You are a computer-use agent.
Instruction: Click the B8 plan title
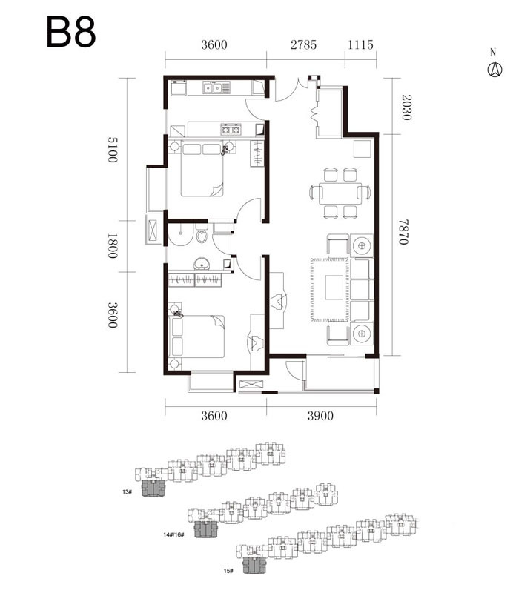click(70, 32)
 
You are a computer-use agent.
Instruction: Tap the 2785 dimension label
click(303, 44)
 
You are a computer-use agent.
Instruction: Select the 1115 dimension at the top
click(360, 44)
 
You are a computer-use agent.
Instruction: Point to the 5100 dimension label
click(113, 150)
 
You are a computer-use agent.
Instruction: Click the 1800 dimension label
click(113, 246)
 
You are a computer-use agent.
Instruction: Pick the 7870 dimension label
click(403, 232)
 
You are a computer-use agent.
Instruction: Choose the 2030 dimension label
click(406, 107)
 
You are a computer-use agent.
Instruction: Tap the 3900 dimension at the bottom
click(320, 416)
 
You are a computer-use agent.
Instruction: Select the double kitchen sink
click(212, 88)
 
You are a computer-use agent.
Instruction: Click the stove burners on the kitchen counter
click(231, 129)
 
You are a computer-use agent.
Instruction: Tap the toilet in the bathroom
click(202, 234)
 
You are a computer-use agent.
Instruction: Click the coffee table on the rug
click(334, 288)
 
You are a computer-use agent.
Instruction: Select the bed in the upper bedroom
click(202, 169)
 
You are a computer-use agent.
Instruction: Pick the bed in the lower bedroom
click(198, 337)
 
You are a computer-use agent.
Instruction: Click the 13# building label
click(127, 491)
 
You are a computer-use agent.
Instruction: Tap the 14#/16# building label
click(173, 534)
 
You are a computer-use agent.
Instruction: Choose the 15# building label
click(228, 571)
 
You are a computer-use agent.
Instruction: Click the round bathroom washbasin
click(202, 264)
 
